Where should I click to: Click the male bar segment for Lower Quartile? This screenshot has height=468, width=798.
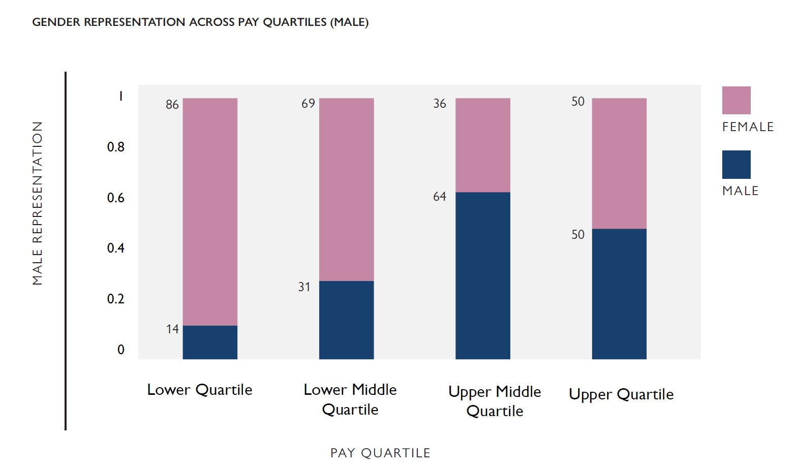coord(210,342)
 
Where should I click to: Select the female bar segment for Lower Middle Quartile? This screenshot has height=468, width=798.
coord(346,189)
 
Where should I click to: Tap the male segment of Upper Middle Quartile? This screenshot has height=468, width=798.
coord(482,275)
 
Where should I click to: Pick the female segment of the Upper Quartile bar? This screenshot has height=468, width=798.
coord(619,163)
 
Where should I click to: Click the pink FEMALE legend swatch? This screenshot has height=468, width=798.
coord(736,100)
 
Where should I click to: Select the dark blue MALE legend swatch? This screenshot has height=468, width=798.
coord(736,164)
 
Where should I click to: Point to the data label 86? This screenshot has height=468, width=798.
coord(172,105)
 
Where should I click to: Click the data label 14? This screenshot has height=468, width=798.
coord(172,329)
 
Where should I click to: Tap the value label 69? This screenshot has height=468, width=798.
coord(308,104)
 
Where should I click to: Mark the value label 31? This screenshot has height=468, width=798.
coord(304,287)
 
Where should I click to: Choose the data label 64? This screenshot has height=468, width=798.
coord(440,197)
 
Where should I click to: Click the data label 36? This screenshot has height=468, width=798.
coord(440,104)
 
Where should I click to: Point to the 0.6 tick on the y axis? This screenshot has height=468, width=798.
coord(115,198)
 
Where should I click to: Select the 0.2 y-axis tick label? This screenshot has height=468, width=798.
coord(115,299)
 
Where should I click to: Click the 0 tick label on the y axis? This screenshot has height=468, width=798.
coord(120,350)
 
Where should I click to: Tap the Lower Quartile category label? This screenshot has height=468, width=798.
coord(199,390)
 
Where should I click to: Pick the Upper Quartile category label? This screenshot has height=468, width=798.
coord(621,394)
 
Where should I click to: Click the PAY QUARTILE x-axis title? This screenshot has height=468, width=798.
coord(380,453)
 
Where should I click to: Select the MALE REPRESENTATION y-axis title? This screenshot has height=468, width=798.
coord(38,203)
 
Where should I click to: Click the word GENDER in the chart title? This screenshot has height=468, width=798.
coord(56,22)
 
